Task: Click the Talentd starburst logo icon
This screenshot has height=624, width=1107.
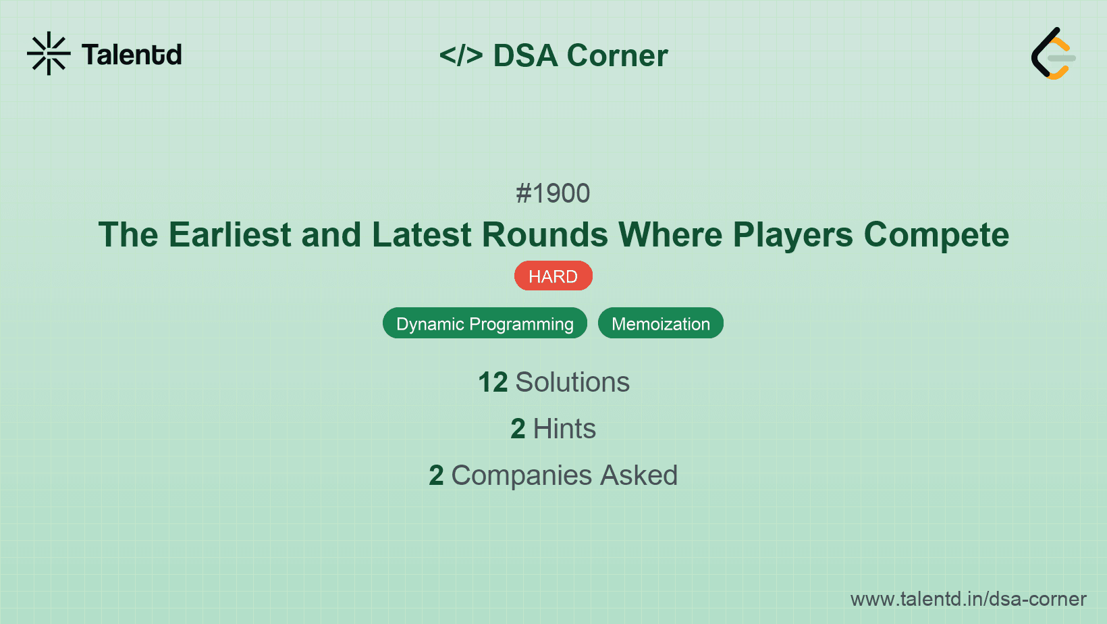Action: pyautogui.click(x=49, y=53)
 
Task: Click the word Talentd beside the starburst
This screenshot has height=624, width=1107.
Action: pyautogui.click(x=132, y=55)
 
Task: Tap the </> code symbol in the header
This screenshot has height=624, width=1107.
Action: pyautogui.click(x=461, y=55)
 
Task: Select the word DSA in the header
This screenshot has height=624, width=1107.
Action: pyautogui.click(x=525, y=55)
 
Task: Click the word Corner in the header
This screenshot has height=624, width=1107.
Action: pyautogui.click(x=617, y=55)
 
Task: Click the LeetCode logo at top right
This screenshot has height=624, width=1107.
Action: pyautogui.click(x=1053, y=53)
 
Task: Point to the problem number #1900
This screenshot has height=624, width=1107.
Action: pyautogui.click(x=553, y=194)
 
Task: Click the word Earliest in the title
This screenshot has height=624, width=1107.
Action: pyautogui.click(x=230, y=235)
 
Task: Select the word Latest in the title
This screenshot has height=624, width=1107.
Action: pyautogui.click(x=421, y=235)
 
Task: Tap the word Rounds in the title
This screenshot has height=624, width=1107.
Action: pyautogui.click(x=545, y=235)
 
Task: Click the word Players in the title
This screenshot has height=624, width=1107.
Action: pyautogui.click(x=793, y=235)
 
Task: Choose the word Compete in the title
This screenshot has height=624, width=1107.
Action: pyautogui.click(x=936, y=235)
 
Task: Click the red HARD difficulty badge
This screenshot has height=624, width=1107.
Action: pyautogui.click(x=553, y=276)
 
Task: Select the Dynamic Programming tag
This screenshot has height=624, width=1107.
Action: pyautogui.click(x=485, y=323)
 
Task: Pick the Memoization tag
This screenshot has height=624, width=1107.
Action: pyautogui.click(x=660, y=323)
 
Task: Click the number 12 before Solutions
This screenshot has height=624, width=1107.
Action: pyautogui.click(x=493, y=382)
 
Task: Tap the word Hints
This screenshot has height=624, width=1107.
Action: pyautogui.click(x=564, y=429)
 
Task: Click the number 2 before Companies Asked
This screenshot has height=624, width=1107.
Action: pyautogui.click(x=436, y=475)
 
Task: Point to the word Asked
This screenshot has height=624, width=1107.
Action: pyautogui.click(x=639, y=475)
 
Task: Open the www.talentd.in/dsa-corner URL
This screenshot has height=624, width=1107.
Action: pyautogui.click(x=968, y=599)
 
